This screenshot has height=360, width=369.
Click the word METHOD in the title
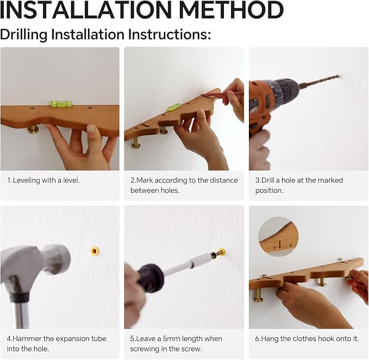click(232, 10)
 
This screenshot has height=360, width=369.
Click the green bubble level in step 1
click(61, 104)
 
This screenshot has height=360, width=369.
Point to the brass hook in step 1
click(33, 130)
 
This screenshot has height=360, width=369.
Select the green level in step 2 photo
click(174, 107)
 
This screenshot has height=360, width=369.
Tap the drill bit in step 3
click(320, 81)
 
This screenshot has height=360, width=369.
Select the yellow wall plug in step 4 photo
click(95, 251)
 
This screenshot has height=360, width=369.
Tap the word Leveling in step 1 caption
click(27, 180)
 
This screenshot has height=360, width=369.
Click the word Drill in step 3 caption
click(267, 180)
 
